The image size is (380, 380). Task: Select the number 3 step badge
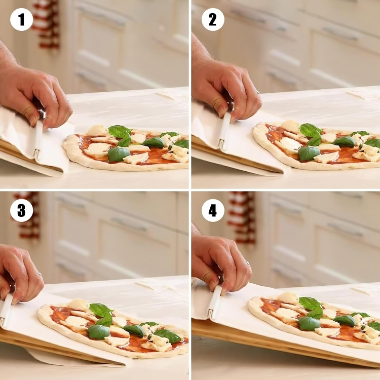coord(21,210)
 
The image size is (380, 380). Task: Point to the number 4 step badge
coord(213,210)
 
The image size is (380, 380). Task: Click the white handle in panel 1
coord(37,139)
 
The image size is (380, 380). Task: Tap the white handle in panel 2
coord(224,131)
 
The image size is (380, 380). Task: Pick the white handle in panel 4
coord(214,302)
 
